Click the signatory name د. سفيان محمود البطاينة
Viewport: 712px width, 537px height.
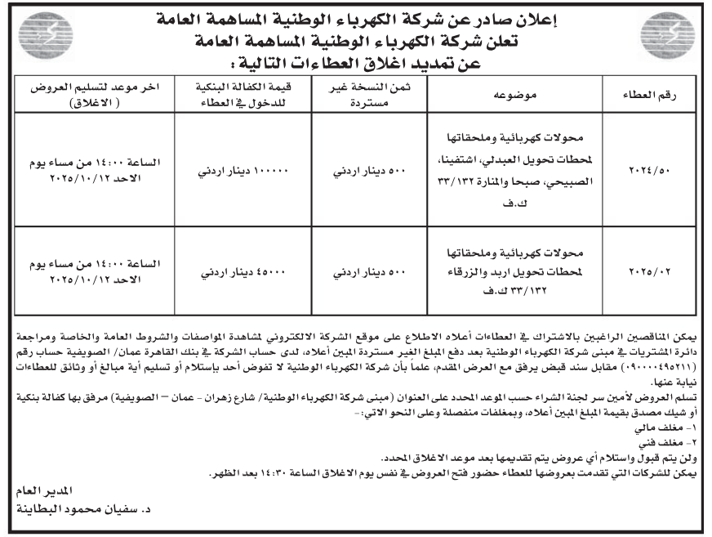pyautogui.click(x=78, y=508)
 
